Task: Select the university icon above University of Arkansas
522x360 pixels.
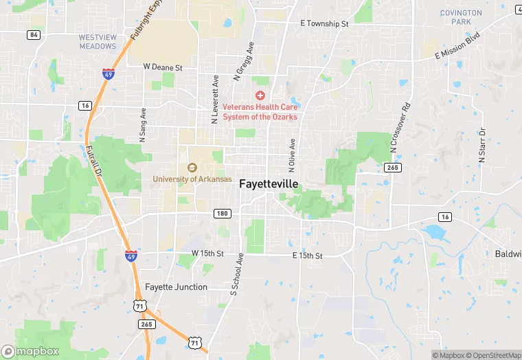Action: (x=192, y=167)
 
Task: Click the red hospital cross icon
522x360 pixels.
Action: (x=260, y=95)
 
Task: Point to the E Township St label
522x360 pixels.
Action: (x=325, y=23)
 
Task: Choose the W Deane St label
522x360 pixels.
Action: (x=162, y=67)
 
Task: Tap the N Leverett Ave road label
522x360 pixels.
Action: (x=215, y=100)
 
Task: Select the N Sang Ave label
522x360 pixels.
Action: (x=143, y=125)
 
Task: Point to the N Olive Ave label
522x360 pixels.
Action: (x=292, y=155)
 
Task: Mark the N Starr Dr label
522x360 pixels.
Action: (x=482, y=145)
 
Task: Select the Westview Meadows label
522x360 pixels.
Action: (x=98, y=41)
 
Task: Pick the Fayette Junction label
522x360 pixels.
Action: (x=176, y=286)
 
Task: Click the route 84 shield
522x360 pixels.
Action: (x=34, y=34)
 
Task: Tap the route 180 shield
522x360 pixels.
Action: (x=220, y=213)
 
